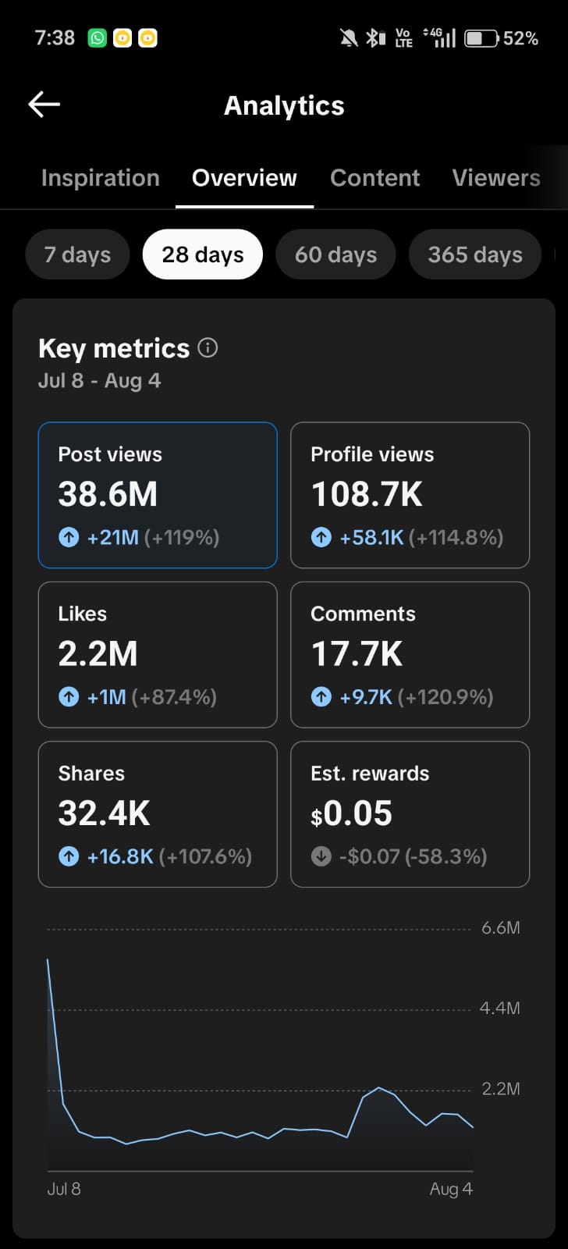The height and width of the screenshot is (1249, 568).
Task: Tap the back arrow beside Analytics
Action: pos(44,105)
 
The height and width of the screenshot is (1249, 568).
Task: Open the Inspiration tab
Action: pos(101,178)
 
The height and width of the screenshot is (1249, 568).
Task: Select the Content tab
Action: pos(375,178)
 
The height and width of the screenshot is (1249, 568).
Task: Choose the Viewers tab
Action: pos(496,178)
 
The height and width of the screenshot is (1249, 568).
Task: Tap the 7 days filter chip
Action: pos(77,254)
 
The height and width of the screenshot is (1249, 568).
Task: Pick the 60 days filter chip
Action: pos(335,254)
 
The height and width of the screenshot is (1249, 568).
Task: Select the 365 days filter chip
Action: pos(475,254)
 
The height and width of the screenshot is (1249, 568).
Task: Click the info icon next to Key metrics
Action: pos(208,348)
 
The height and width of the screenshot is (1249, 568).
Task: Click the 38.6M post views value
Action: pos(108,494)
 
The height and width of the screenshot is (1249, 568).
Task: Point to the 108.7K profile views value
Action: pos(367,494)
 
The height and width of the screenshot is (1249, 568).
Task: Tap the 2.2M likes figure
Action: pos(98,653)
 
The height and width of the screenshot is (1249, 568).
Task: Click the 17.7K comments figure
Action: pos(357,653)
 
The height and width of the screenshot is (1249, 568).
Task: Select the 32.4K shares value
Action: pos(105,813)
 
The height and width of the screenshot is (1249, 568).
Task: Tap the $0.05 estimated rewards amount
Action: pos(352,813)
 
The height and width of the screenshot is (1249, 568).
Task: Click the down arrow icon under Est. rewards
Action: pos(321,856)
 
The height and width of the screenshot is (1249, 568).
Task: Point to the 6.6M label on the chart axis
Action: pos(501,928)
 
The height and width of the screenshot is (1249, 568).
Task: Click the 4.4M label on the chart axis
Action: pos(499,1008)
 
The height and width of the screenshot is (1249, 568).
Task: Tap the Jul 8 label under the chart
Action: pos(64,1189)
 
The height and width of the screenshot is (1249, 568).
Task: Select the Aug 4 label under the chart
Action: pos(451,1189)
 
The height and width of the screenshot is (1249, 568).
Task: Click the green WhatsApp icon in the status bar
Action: pos(97,38)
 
